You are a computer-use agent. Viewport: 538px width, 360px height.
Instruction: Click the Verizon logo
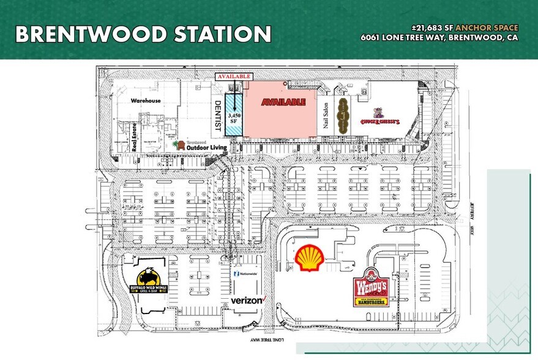[x=247, y=300]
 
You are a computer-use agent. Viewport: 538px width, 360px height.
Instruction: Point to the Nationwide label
[x=247, y=274]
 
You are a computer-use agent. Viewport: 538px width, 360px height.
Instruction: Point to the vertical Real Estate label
[x=133, y=137]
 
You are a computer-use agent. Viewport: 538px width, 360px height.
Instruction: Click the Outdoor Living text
[x=207, y=148]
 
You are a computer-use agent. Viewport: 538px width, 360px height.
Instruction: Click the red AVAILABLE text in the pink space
[x=283, y=102]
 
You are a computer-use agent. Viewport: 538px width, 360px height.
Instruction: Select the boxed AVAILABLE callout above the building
[x=234, y=77]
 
